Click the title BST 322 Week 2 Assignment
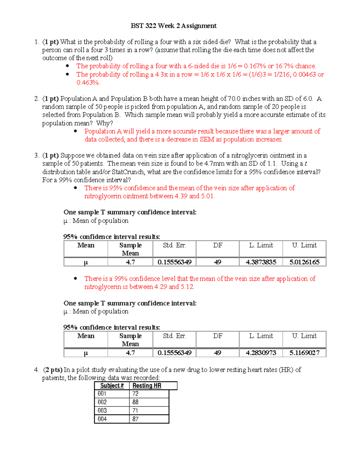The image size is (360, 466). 173,26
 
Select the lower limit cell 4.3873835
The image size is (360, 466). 261,262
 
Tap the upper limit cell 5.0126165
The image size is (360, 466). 304,262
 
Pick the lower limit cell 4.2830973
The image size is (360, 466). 261,353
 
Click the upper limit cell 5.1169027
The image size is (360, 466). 304,353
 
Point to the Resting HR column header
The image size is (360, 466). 147,386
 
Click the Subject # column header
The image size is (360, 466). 112,386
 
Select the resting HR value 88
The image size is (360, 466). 135,402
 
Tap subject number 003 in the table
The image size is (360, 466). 102,410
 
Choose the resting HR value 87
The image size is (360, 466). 135,419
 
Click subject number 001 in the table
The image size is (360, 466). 102,394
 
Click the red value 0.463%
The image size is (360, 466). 88,83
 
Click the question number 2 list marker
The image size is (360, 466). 36,99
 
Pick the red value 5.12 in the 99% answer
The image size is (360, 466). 187,287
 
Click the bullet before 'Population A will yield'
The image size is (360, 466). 75,131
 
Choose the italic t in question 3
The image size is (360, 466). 305,164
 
